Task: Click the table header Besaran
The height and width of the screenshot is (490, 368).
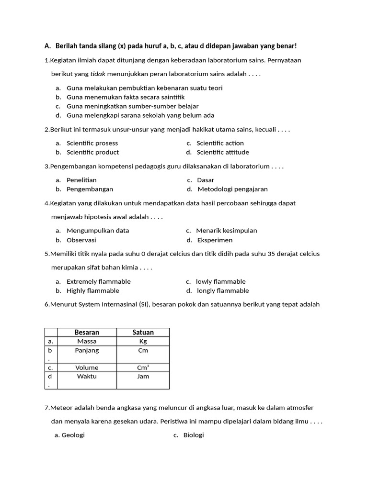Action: pyautogui.click(x=87, y=332)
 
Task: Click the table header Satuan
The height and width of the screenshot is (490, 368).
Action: pyautogui.click(x=143, y=332)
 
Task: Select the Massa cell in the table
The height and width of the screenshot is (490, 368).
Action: pyautogui.click(x=87, y=341)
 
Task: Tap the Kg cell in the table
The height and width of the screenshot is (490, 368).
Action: pyautogui.click(x=143, y=341)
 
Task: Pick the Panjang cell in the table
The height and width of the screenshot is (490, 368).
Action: pyautogui.click(x=87, y=350)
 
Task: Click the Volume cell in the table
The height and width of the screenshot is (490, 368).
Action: pyautogui.click(x=87, y=367)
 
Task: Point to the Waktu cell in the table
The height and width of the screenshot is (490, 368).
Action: pyautogui.click(x=87, y=376)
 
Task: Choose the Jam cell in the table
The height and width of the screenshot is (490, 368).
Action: pyautogui.click(x=143, y=376)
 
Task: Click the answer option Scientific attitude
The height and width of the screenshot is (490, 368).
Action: pyautogui.click(x=223, y=152)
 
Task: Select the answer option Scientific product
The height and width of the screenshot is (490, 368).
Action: pyautogui.click(x=92, y=152)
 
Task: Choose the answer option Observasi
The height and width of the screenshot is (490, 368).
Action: pyautogui.click(x=81, y=240)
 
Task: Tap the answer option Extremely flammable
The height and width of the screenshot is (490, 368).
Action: pyautogui.click(x=98, y=281)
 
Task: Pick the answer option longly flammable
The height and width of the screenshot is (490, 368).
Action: pyautogui.click(x=223, y=290)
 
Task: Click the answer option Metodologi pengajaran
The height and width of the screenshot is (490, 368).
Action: pyautogui.click(x=233, y=189)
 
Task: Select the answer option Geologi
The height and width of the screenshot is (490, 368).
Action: pyautogui.click(x=73, y=435)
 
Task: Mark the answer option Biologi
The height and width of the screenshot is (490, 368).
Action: pyautogui.click(x=194, y=435)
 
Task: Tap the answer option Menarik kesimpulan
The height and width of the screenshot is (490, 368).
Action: pyautogui.click(x=227, y=230)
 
